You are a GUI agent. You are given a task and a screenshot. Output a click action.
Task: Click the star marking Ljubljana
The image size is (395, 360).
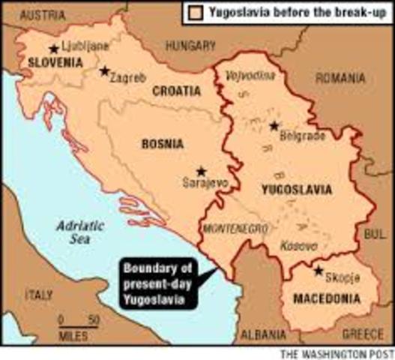tap(53, 49)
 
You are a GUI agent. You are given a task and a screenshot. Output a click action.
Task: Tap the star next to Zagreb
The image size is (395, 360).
tap(104, 71)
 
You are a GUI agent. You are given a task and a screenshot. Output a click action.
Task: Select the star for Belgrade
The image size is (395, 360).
tap(274, 125)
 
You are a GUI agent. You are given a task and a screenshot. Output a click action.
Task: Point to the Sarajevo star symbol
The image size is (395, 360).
tap(201, 170)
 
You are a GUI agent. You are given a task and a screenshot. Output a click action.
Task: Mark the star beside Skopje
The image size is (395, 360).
tap(319, 271)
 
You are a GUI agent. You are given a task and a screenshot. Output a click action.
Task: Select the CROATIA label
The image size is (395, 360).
tap(176, 91)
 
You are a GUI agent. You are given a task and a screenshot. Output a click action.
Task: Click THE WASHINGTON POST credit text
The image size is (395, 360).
tap(335, 353)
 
